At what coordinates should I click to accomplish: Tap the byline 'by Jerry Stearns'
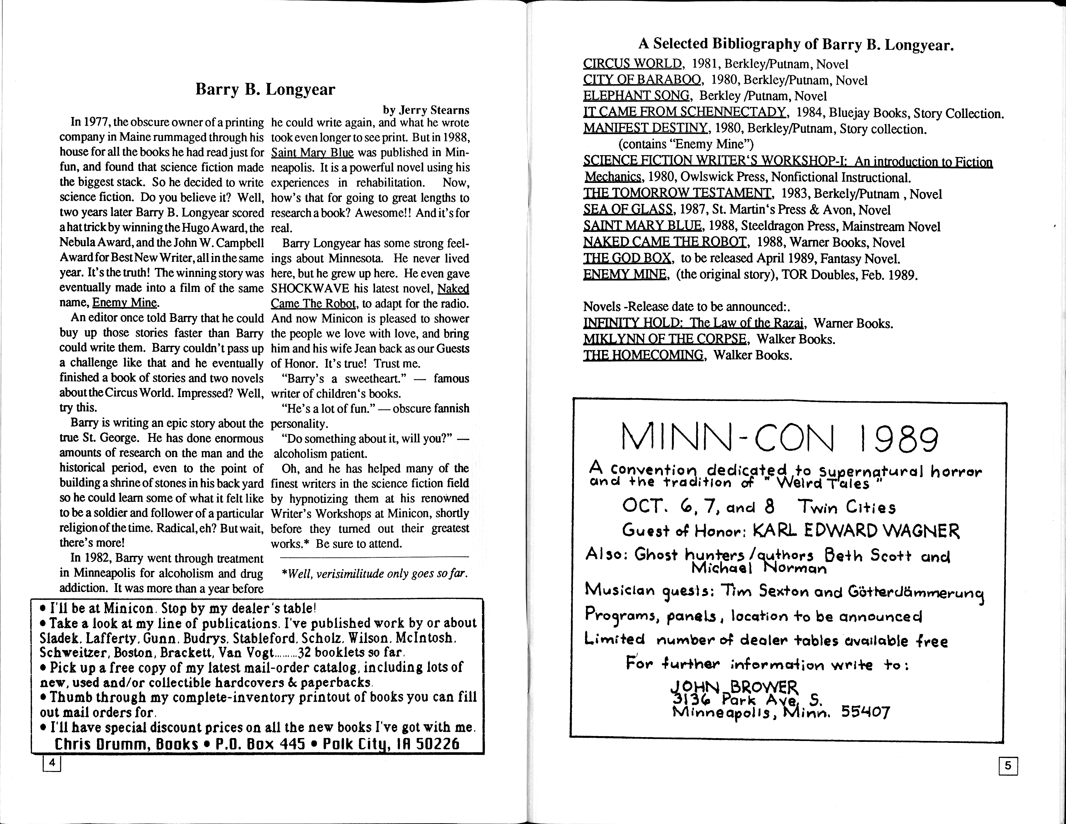click(426, 110)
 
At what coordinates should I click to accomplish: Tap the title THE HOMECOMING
click(643, 355)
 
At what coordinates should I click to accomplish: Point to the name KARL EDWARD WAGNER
click(856, 531)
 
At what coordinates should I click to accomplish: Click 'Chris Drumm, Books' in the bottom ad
click(126, 744)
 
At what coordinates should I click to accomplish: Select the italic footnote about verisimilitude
click(375, 573)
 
